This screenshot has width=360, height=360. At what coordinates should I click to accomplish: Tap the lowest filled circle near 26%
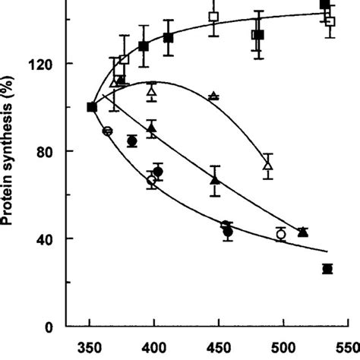pos(327,269)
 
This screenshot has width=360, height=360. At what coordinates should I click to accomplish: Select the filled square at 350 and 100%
pos(92,107)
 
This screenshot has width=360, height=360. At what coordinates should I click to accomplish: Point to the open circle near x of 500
pos(281,235)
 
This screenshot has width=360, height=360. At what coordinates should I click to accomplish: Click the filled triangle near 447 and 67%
pos(215,181)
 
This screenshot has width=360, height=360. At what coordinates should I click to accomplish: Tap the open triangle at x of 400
pos(152,91)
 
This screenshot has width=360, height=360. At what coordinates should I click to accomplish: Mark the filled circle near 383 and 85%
pos(132,141)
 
